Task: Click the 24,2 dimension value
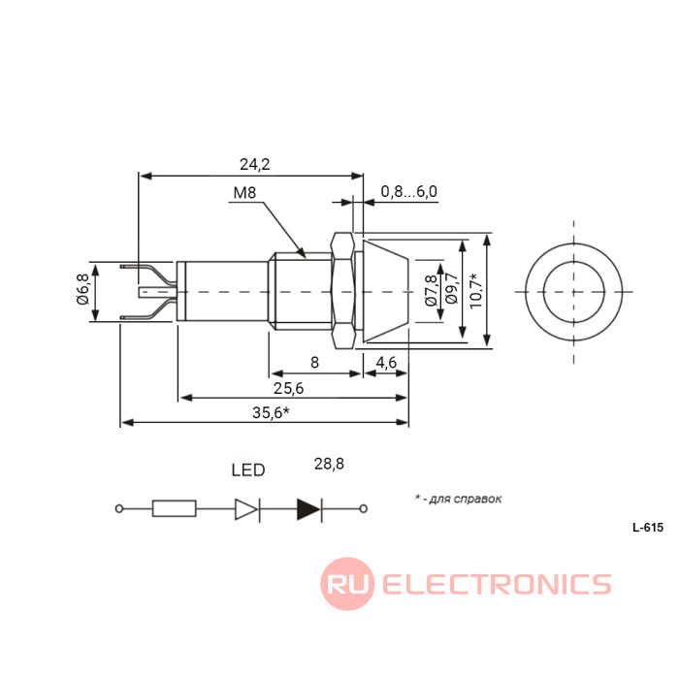coord(254,164)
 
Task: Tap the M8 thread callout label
coord(244,193)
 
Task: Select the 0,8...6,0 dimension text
coord(408,191)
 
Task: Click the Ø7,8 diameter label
coord(431,291)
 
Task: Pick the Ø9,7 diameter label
coord(450,291)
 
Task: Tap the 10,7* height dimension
coord(473,291)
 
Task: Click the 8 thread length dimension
coord(314,362)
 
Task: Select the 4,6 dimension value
coord(386,362)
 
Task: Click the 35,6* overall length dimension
coord(271,412)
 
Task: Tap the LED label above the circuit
coord(247,470)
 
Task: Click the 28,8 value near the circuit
coord(329,464)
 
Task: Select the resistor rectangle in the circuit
coord(175,508)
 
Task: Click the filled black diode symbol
coord(309,508)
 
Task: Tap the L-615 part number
coord(647,529)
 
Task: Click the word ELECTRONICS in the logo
coord(497,584)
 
